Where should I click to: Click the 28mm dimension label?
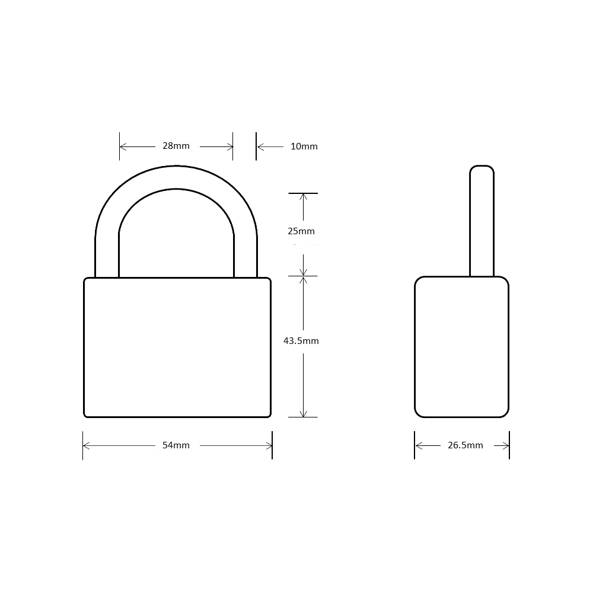tap(176, 146)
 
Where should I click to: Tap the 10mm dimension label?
tap(304, 146)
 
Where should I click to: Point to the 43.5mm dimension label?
tap(301, 341)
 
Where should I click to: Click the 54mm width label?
tap(176, 445)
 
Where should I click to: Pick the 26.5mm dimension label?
tap(465, 445)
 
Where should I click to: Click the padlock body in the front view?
tap(177, 347)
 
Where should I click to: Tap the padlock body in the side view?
tap(461, 347)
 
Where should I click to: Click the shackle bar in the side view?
tap(482, 225)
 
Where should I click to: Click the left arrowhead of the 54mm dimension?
tap(87, 445)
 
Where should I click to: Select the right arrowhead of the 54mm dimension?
tap(268, 445)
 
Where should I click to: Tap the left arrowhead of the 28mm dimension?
tap(123, 146)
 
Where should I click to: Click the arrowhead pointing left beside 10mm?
tap(260, 146)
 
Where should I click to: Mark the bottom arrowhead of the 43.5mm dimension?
tap(303, 413)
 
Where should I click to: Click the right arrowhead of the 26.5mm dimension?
tap(506, 445)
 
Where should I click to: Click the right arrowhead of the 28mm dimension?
tap(229, 146)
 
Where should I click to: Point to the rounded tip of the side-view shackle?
tap(482, 168)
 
